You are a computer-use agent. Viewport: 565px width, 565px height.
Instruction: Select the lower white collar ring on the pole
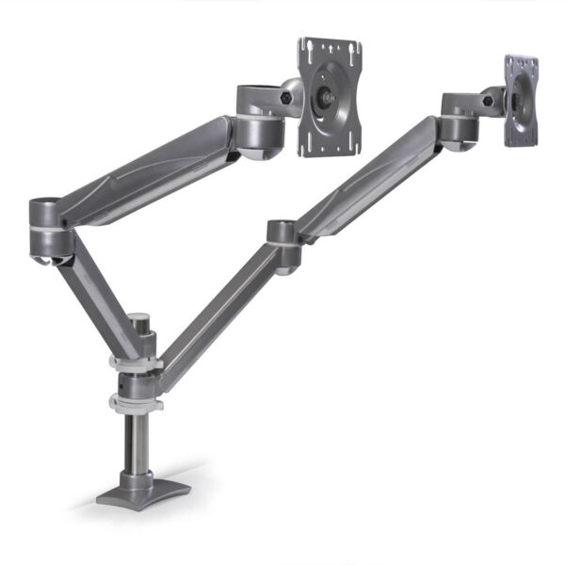pyautogui.click(x=137, y=403)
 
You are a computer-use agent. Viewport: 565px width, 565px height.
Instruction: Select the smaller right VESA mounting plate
pyautogui.click(x=521, y=100)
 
